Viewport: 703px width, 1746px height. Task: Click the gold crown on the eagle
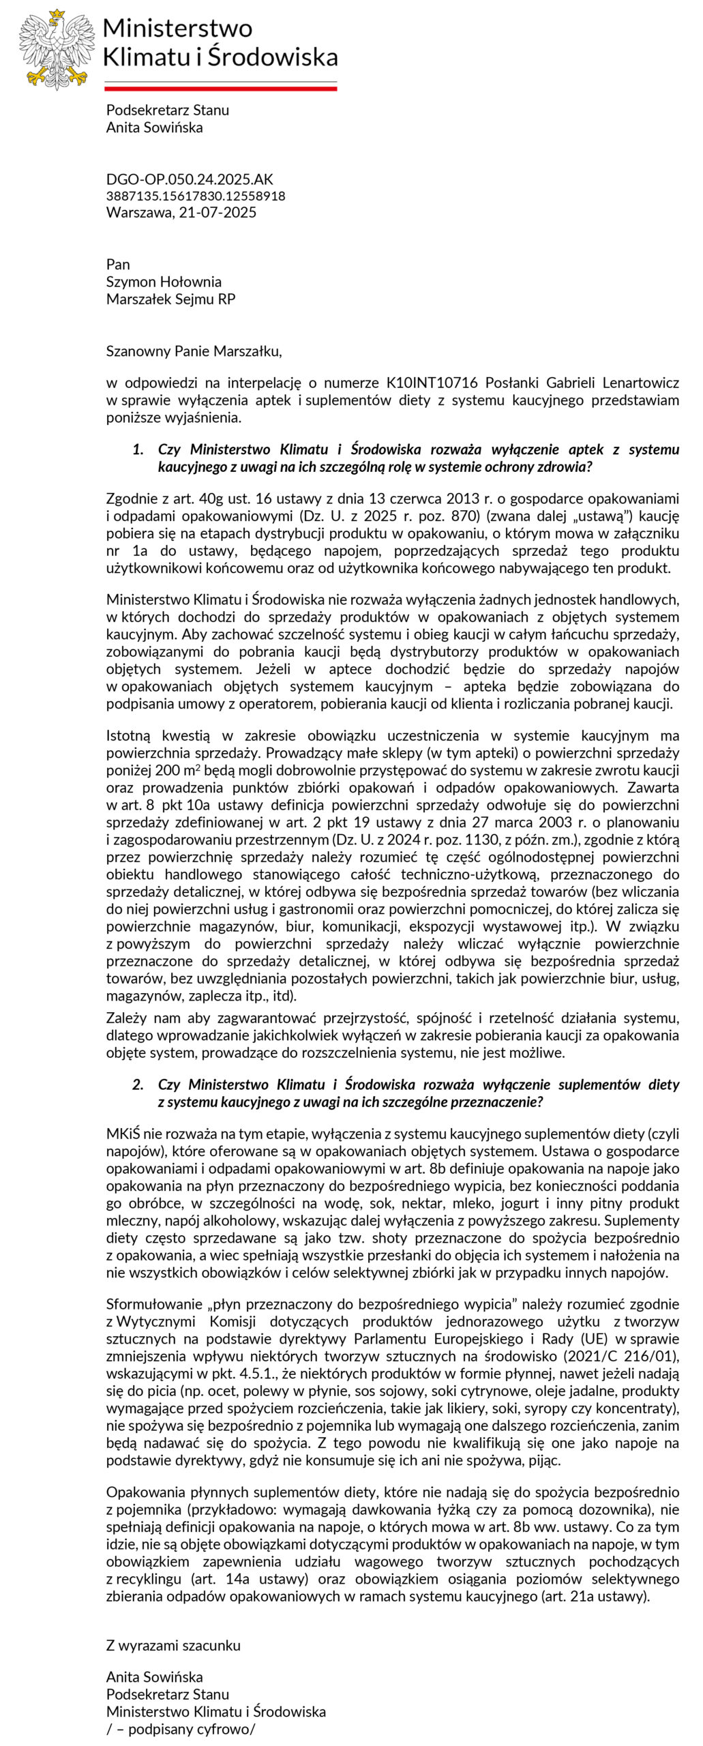pos(57,14)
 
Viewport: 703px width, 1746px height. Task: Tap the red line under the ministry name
pos(220,88)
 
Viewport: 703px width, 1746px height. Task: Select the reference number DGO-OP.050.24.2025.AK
pos(190,179)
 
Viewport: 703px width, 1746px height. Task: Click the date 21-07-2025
pos(218,212)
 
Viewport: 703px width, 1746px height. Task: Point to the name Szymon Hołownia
pos(164,282)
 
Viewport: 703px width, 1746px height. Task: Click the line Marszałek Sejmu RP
pos(170,299)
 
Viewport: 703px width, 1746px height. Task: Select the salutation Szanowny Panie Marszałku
pos(194,351)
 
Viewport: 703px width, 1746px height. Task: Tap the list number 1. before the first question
pos(138,449)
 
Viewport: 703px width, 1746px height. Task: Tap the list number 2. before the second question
pos(138,1084)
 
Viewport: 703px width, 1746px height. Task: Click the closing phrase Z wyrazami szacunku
pos(173,1645)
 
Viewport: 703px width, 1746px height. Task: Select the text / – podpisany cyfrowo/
pos(181,1728)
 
